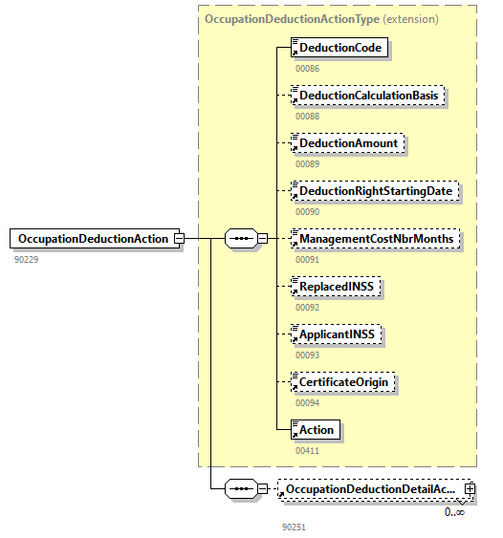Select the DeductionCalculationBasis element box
click(368, 96)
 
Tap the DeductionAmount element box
click(348, 143)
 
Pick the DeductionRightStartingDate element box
click(375, 191)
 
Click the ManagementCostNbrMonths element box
click(375, 238)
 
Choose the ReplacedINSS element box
click(336, 286)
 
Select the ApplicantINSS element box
click(338, 334)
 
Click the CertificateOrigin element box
click(344, 381)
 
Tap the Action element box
click(317, 429)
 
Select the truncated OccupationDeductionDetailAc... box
click(368, 489)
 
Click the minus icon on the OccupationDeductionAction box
click(178, 239)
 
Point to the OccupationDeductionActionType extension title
click(321, 18)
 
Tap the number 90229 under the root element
click(27, 259)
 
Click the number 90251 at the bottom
click(295, 526)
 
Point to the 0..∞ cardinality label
click(454, 512)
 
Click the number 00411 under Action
click(307, 449)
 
